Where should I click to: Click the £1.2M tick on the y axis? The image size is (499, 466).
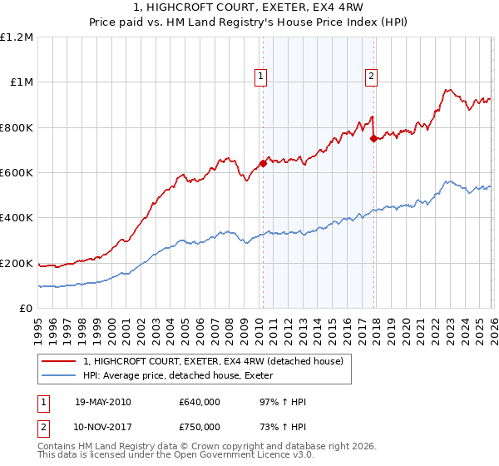pyautogui.click(x=17, y=37)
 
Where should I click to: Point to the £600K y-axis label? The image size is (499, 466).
pyautogui.click(x=17, y=173)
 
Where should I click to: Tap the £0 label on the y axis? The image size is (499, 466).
pyautogui.click(x=25, y=309)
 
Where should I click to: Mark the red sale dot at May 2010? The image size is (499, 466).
pyautogui.click(x=263, y=163)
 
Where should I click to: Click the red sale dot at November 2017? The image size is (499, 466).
pyautogui.click(x=373, y=139)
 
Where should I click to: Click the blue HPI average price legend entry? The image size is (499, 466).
pyautogui.click(x=183, y=376)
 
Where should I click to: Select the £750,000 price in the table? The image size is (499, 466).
pyautogui.click(x=199, y=427)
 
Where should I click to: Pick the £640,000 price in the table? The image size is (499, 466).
pyautogui.click(x=199, y=403)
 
